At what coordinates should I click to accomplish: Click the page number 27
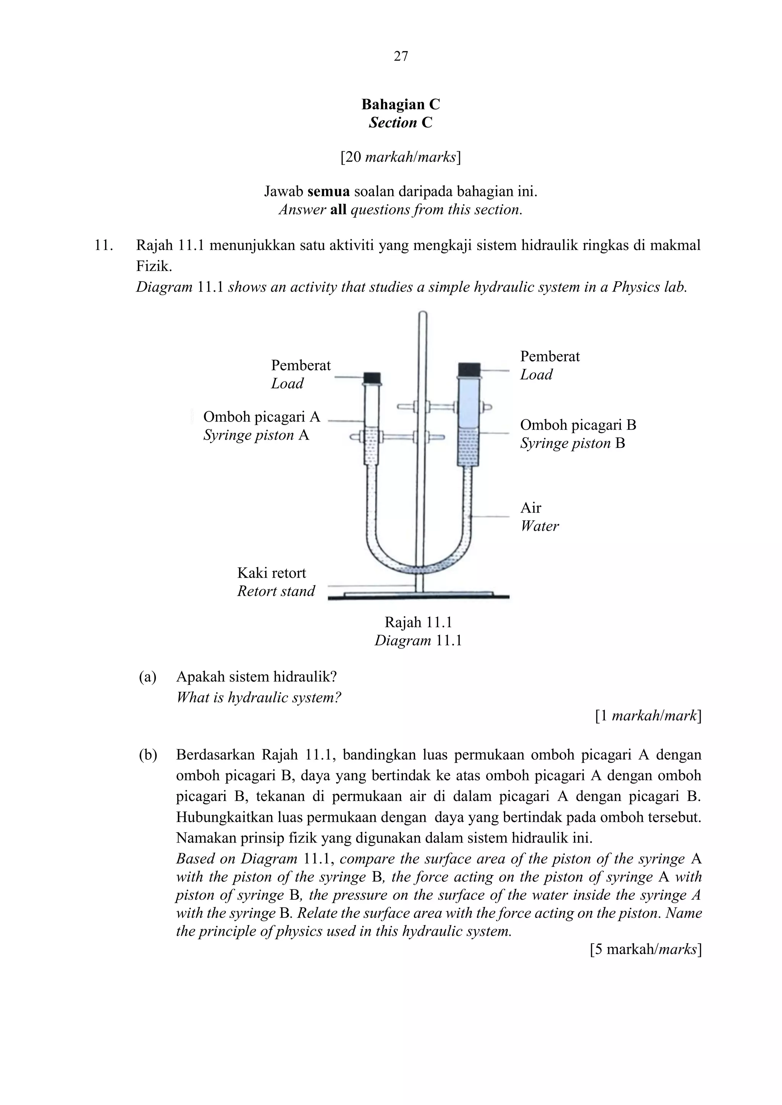[x=401, y=57]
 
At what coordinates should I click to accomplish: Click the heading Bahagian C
[x=401, y=105]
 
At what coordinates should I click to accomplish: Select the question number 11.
[x=103, y=245]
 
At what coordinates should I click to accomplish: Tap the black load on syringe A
[x=372, y=377]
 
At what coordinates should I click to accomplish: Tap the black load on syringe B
[x=470, y=369]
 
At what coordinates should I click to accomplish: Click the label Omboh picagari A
[x=262, y=417]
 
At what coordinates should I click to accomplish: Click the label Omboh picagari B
[x=578, y=425]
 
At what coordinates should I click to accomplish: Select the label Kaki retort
[x=271, y=573]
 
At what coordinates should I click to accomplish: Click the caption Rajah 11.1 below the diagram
[x=418, y=622]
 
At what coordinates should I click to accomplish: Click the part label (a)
[x=147, y=677]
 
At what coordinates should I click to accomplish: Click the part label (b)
[x=147, y=755]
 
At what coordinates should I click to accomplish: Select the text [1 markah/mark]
[x=648, y=716]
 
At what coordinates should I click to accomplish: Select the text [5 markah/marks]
[x=645, y=950]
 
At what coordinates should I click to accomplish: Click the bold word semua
[x=328, y=192]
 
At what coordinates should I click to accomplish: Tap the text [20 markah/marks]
[x=401, y=157]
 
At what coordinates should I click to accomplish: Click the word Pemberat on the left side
[x=301, y=365]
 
